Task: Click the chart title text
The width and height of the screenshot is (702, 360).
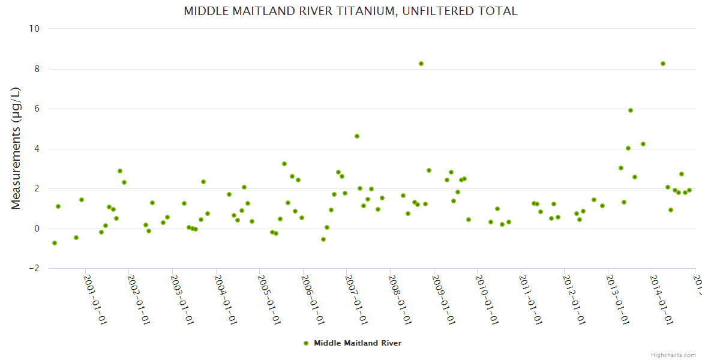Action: click(x=350, y=11)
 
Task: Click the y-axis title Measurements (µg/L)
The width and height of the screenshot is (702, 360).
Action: click(x=16, y=148)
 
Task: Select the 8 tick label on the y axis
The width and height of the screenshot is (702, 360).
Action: click(x=37, y=69)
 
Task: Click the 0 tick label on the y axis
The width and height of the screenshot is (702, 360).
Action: click(x=37, y=229)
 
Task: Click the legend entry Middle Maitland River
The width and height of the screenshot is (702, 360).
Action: click(x=357, y=343)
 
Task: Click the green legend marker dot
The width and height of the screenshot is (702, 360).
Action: click(x=306, y=343)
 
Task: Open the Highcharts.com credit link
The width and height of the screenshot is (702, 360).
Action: click(x=673, y=355)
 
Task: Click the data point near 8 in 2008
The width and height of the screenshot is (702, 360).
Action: click(x=421, y=64)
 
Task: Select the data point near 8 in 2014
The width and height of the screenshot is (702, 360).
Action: click(x=663, y=64)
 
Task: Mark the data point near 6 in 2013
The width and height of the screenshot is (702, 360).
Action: click(x=631, y=110)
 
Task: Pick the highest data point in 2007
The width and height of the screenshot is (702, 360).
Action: click(x=357, y=136)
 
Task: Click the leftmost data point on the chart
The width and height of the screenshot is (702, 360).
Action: click(x=55, y=243)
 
